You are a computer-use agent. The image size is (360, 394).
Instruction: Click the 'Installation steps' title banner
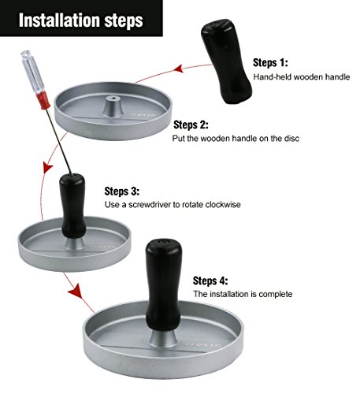[x=81, y=18]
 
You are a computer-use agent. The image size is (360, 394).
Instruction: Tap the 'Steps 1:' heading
[x=270, y=63]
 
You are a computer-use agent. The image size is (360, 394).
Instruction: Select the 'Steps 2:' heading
[x=191, y=125]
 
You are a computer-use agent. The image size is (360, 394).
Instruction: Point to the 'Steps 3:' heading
[x=122, y=191]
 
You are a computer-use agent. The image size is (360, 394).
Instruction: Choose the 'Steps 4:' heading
[x=210, y=281]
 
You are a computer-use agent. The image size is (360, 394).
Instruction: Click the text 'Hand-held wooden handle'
[x=302, y=77]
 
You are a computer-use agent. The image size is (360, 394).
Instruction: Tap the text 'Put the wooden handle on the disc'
[x=236, y=139]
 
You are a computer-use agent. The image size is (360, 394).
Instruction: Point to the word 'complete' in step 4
[x=276, y=294]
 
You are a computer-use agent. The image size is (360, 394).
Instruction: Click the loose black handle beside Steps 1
[x=226, y=61]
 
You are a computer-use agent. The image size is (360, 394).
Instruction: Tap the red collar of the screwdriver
[x=44, y=100]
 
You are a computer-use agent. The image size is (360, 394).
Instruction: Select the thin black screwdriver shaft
[x=59, y=142]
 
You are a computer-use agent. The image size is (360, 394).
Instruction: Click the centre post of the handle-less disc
[x=113, y=106]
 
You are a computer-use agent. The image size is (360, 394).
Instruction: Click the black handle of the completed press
[x=164, y=284]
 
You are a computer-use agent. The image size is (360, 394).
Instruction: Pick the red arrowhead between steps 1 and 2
[x=179, y=69]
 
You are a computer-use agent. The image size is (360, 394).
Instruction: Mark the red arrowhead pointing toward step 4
[x=76, y=292]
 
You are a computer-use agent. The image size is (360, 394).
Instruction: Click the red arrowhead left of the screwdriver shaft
[x=48, y=168]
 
